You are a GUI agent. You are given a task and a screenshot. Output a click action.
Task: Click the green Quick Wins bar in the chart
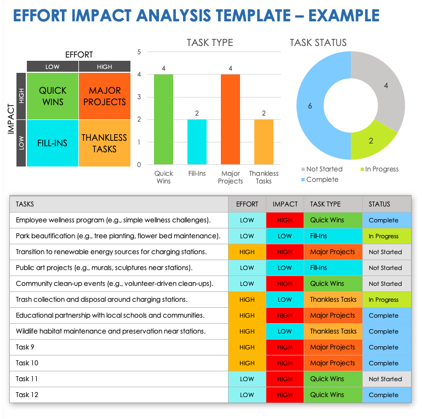point(163,119)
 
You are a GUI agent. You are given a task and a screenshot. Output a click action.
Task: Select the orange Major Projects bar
point(230,119)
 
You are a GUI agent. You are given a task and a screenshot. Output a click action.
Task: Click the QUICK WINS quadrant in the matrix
point(53,96)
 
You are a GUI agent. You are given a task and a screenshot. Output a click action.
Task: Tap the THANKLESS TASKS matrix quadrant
point(104,143)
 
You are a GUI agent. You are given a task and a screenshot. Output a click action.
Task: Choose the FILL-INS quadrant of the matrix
point(53,143)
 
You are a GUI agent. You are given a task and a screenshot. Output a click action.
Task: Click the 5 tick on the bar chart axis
point(139,52)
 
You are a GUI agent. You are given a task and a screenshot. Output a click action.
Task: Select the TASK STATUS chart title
point(318,43)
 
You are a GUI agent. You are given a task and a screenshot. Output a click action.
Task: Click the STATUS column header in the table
point(379,204)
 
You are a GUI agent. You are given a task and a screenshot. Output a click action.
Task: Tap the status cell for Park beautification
point(386,236)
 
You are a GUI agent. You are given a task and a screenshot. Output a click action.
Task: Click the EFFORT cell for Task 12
point(247,395)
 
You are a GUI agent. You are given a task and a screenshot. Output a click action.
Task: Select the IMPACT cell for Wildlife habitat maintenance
point(284,331)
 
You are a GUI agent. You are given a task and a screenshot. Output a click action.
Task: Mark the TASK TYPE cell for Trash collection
point(333,300)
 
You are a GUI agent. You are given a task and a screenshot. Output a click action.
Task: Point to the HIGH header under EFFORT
point(104,67)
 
